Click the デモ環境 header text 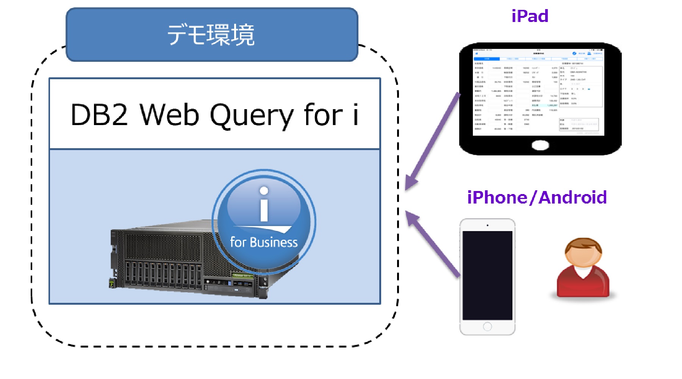coord(211,34)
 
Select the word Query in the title coord(252,115)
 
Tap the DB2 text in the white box coord(99,115)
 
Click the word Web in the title coord(169,115)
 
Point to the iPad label coord(530,16)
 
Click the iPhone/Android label coord(537,197)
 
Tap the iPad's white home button coord(540,145)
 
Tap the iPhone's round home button coord(487,326)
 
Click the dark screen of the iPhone coord(487,275)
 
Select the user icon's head coord(583,253)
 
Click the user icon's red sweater coord(583,282)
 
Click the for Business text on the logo coord(264,242)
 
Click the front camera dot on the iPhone coord(487,225)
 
